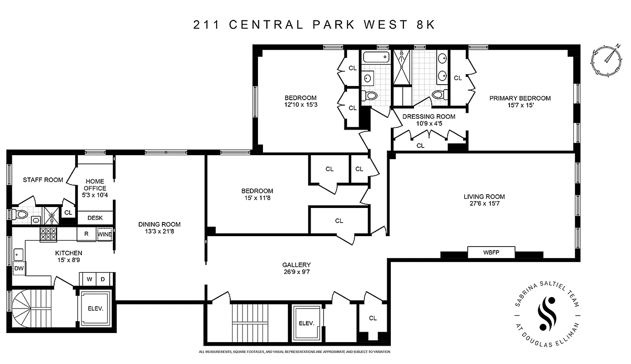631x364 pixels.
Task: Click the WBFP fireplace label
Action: [491, 252]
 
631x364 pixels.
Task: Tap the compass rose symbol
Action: [607, 61]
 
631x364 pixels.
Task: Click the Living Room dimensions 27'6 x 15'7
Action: [484, 203]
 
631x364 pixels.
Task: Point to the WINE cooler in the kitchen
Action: [104, 234]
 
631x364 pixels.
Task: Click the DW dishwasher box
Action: [19, 268]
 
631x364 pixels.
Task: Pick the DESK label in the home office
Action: [95, 218]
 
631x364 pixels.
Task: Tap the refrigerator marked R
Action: [86, 234]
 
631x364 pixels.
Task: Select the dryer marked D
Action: [103, 278]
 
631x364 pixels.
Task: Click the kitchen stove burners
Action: [48, 234]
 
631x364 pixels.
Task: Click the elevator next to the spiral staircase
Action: [96, 308]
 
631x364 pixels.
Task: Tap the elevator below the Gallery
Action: [307, 323]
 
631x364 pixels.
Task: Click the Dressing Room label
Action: [429, 116]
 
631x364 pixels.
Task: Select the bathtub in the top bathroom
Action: [376, 57]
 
